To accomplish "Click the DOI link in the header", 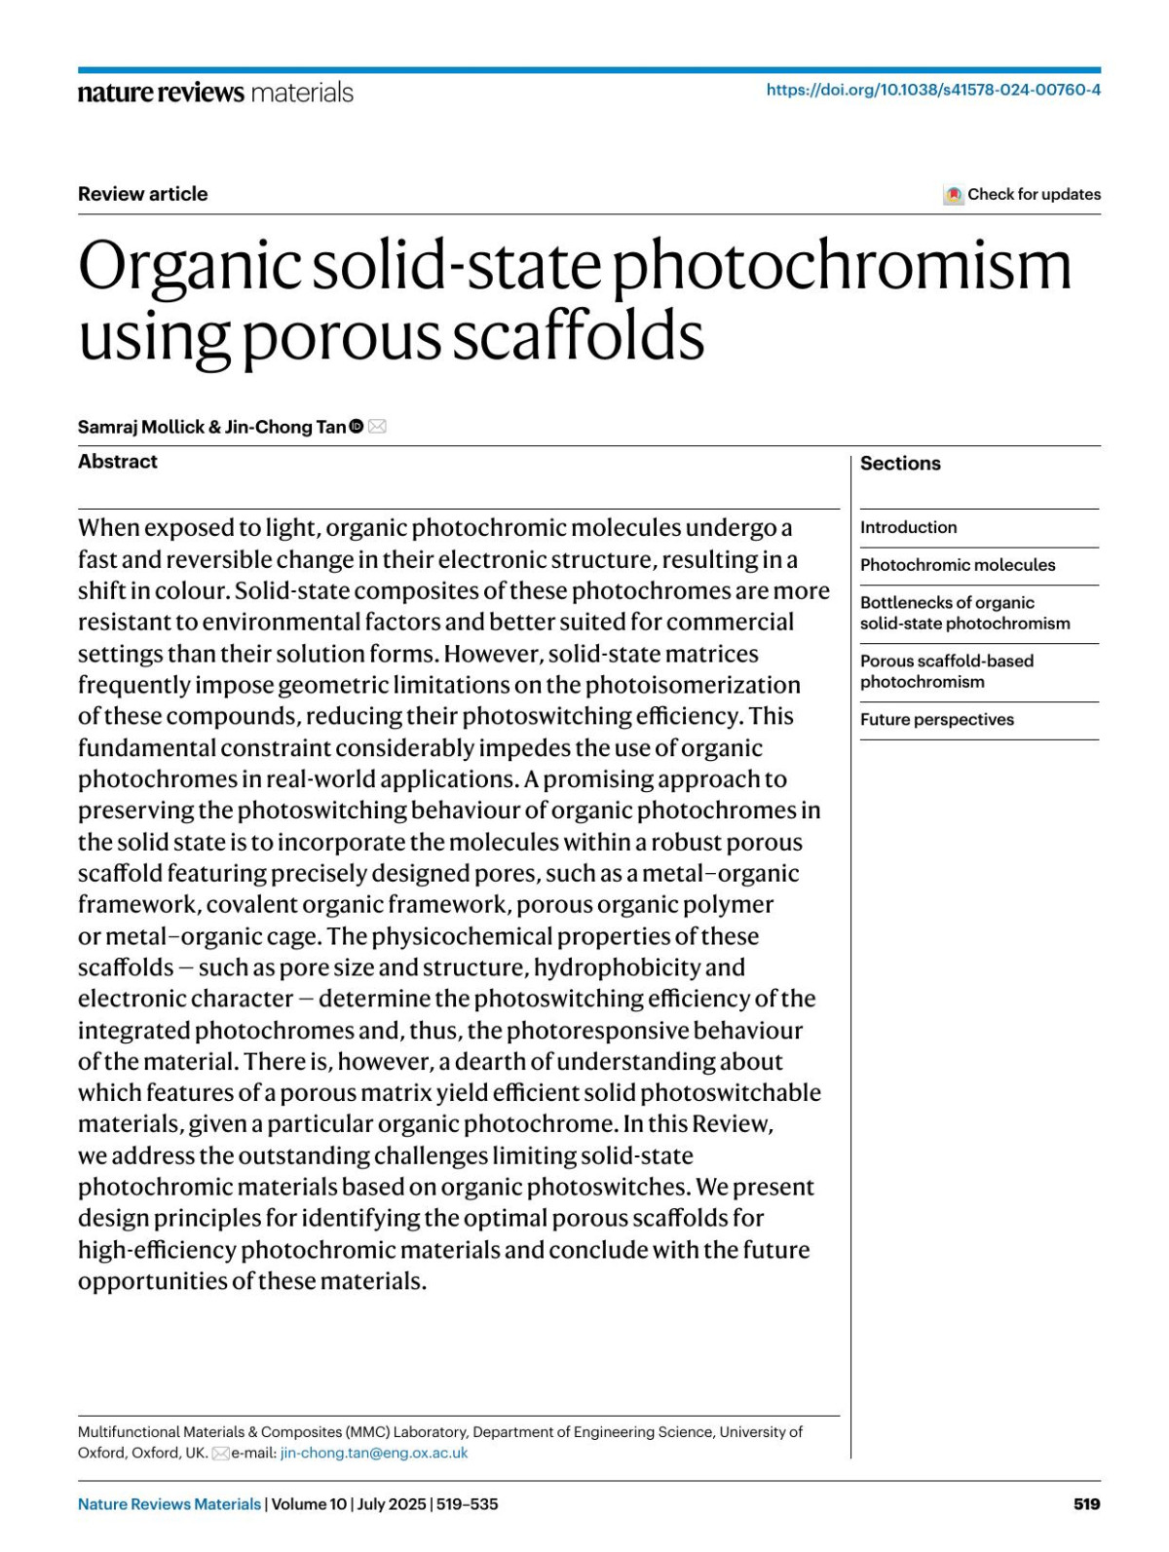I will click(933, 90).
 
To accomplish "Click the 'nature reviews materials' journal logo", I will click(215, 93).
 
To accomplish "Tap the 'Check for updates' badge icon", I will click(953, 195).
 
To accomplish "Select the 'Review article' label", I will click(142, 194).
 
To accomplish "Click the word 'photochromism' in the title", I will click(841, 267).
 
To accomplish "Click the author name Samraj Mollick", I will click(140, 427).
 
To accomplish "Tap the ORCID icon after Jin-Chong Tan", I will click(356, 426).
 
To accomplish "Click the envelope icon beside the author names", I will click(377, 426).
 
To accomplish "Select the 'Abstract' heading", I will click(117, 462).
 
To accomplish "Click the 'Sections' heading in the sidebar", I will click(900, 464).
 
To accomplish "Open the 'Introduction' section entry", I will click(908, 527).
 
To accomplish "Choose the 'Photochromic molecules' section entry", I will click(957, 565).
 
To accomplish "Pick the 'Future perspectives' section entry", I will click(936, 720).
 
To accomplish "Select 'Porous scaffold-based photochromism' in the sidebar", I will click(946, 671).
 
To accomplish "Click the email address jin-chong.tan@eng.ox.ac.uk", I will click(374, 1453).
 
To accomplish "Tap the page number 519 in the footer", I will click(1086, 1504).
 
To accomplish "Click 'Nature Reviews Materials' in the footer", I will click(170, 1504).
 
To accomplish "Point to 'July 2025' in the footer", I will click(392, 1504).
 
